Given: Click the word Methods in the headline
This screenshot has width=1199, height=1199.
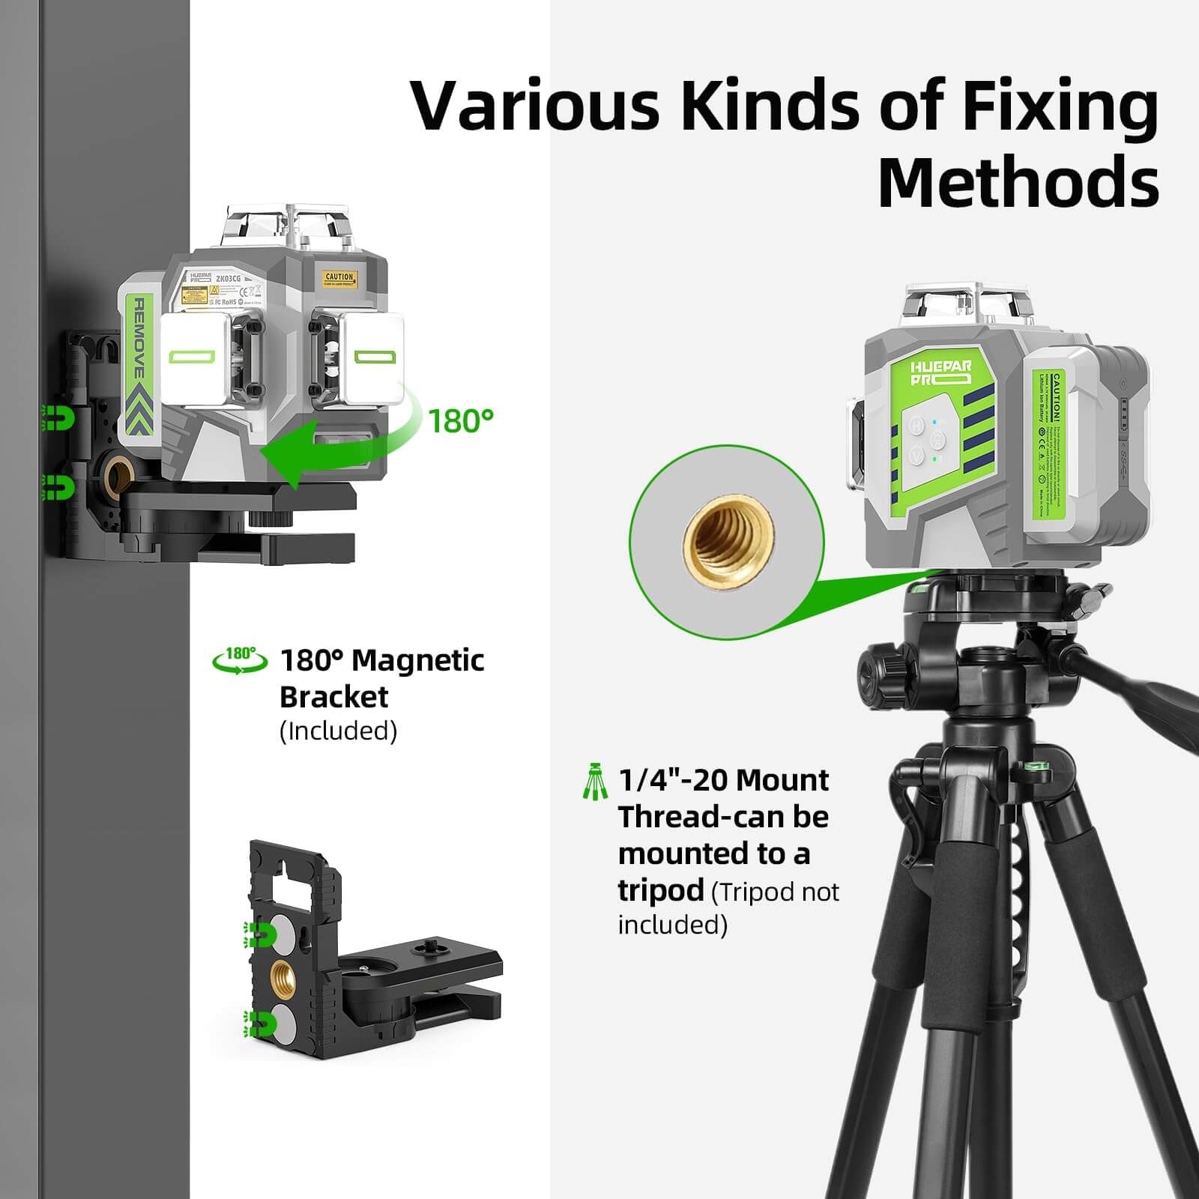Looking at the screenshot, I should point(1018,182).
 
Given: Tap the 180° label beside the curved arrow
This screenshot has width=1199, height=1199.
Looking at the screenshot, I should point(461,421).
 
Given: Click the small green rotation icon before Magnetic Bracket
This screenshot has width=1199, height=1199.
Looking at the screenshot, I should point(240,660).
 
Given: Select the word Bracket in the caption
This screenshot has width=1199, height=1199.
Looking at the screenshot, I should point(333,697).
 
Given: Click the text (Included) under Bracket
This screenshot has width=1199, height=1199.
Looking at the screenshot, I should point(338,731).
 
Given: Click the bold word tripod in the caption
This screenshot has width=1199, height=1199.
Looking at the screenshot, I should point(660,890).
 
